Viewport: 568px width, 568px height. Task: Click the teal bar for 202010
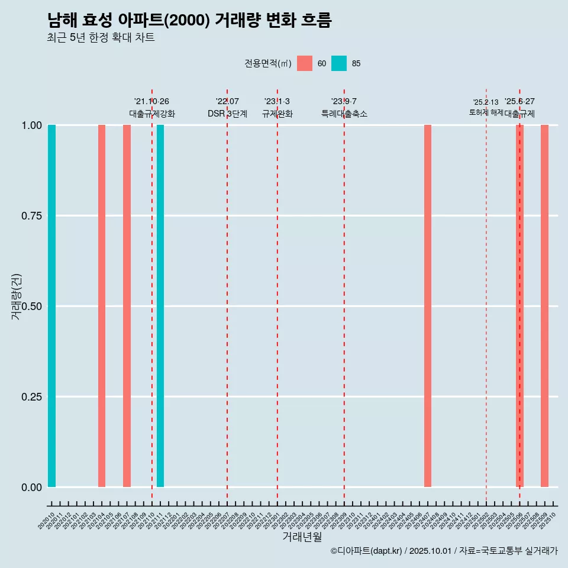click(51, 306)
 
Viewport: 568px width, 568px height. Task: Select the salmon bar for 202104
click(102, 306)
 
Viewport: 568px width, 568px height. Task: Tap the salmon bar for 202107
click(127, 306)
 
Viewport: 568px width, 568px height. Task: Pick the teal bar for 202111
click(160, 306)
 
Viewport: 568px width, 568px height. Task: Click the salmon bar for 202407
click(428, 306)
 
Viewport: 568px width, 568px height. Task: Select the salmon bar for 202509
click(544, 306)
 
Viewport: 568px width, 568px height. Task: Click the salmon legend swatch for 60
click(305, 63)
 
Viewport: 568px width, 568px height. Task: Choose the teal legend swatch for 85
click(339, 63)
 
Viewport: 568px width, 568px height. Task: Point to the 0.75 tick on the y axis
click(31, 216)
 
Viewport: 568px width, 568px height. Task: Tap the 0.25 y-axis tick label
click(31, 397)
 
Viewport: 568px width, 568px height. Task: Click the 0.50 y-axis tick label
click(31, 306)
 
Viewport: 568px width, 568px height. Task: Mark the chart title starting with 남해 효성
click(189, 20)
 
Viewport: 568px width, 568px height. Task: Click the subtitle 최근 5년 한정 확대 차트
click(101, 38)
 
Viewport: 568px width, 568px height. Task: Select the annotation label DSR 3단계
click(227, 114)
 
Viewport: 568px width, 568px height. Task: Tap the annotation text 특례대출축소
click(344, 114)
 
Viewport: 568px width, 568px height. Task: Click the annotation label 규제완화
click(277, 114)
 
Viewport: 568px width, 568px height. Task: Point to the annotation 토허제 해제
click(486, 112)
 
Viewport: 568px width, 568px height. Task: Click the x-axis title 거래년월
click(302, 537)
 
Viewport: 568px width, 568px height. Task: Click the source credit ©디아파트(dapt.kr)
click(366, 551)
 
